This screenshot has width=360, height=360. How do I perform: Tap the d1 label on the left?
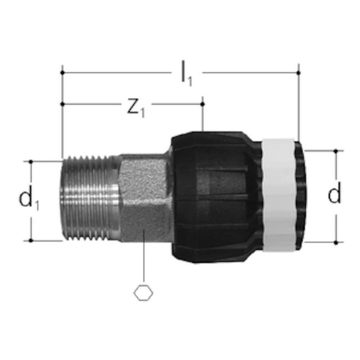(29, 200)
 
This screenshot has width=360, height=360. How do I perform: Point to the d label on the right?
(334, 195)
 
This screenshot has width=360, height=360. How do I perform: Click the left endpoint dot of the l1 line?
(62, 73)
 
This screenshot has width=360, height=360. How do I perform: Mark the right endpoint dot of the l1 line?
(298, 73)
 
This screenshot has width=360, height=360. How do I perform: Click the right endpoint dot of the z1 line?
(202, 104)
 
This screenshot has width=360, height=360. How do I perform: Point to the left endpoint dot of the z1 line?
(62, 104)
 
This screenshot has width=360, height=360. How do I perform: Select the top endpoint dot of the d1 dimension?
(31, 161)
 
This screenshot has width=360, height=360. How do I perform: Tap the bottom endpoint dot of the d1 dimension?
(31, 241)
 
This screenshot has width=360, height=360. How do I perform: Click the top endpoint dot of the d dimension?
(335, 151)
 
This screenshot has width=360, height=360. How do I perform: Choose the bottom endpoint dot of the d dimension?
(335, 242)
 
